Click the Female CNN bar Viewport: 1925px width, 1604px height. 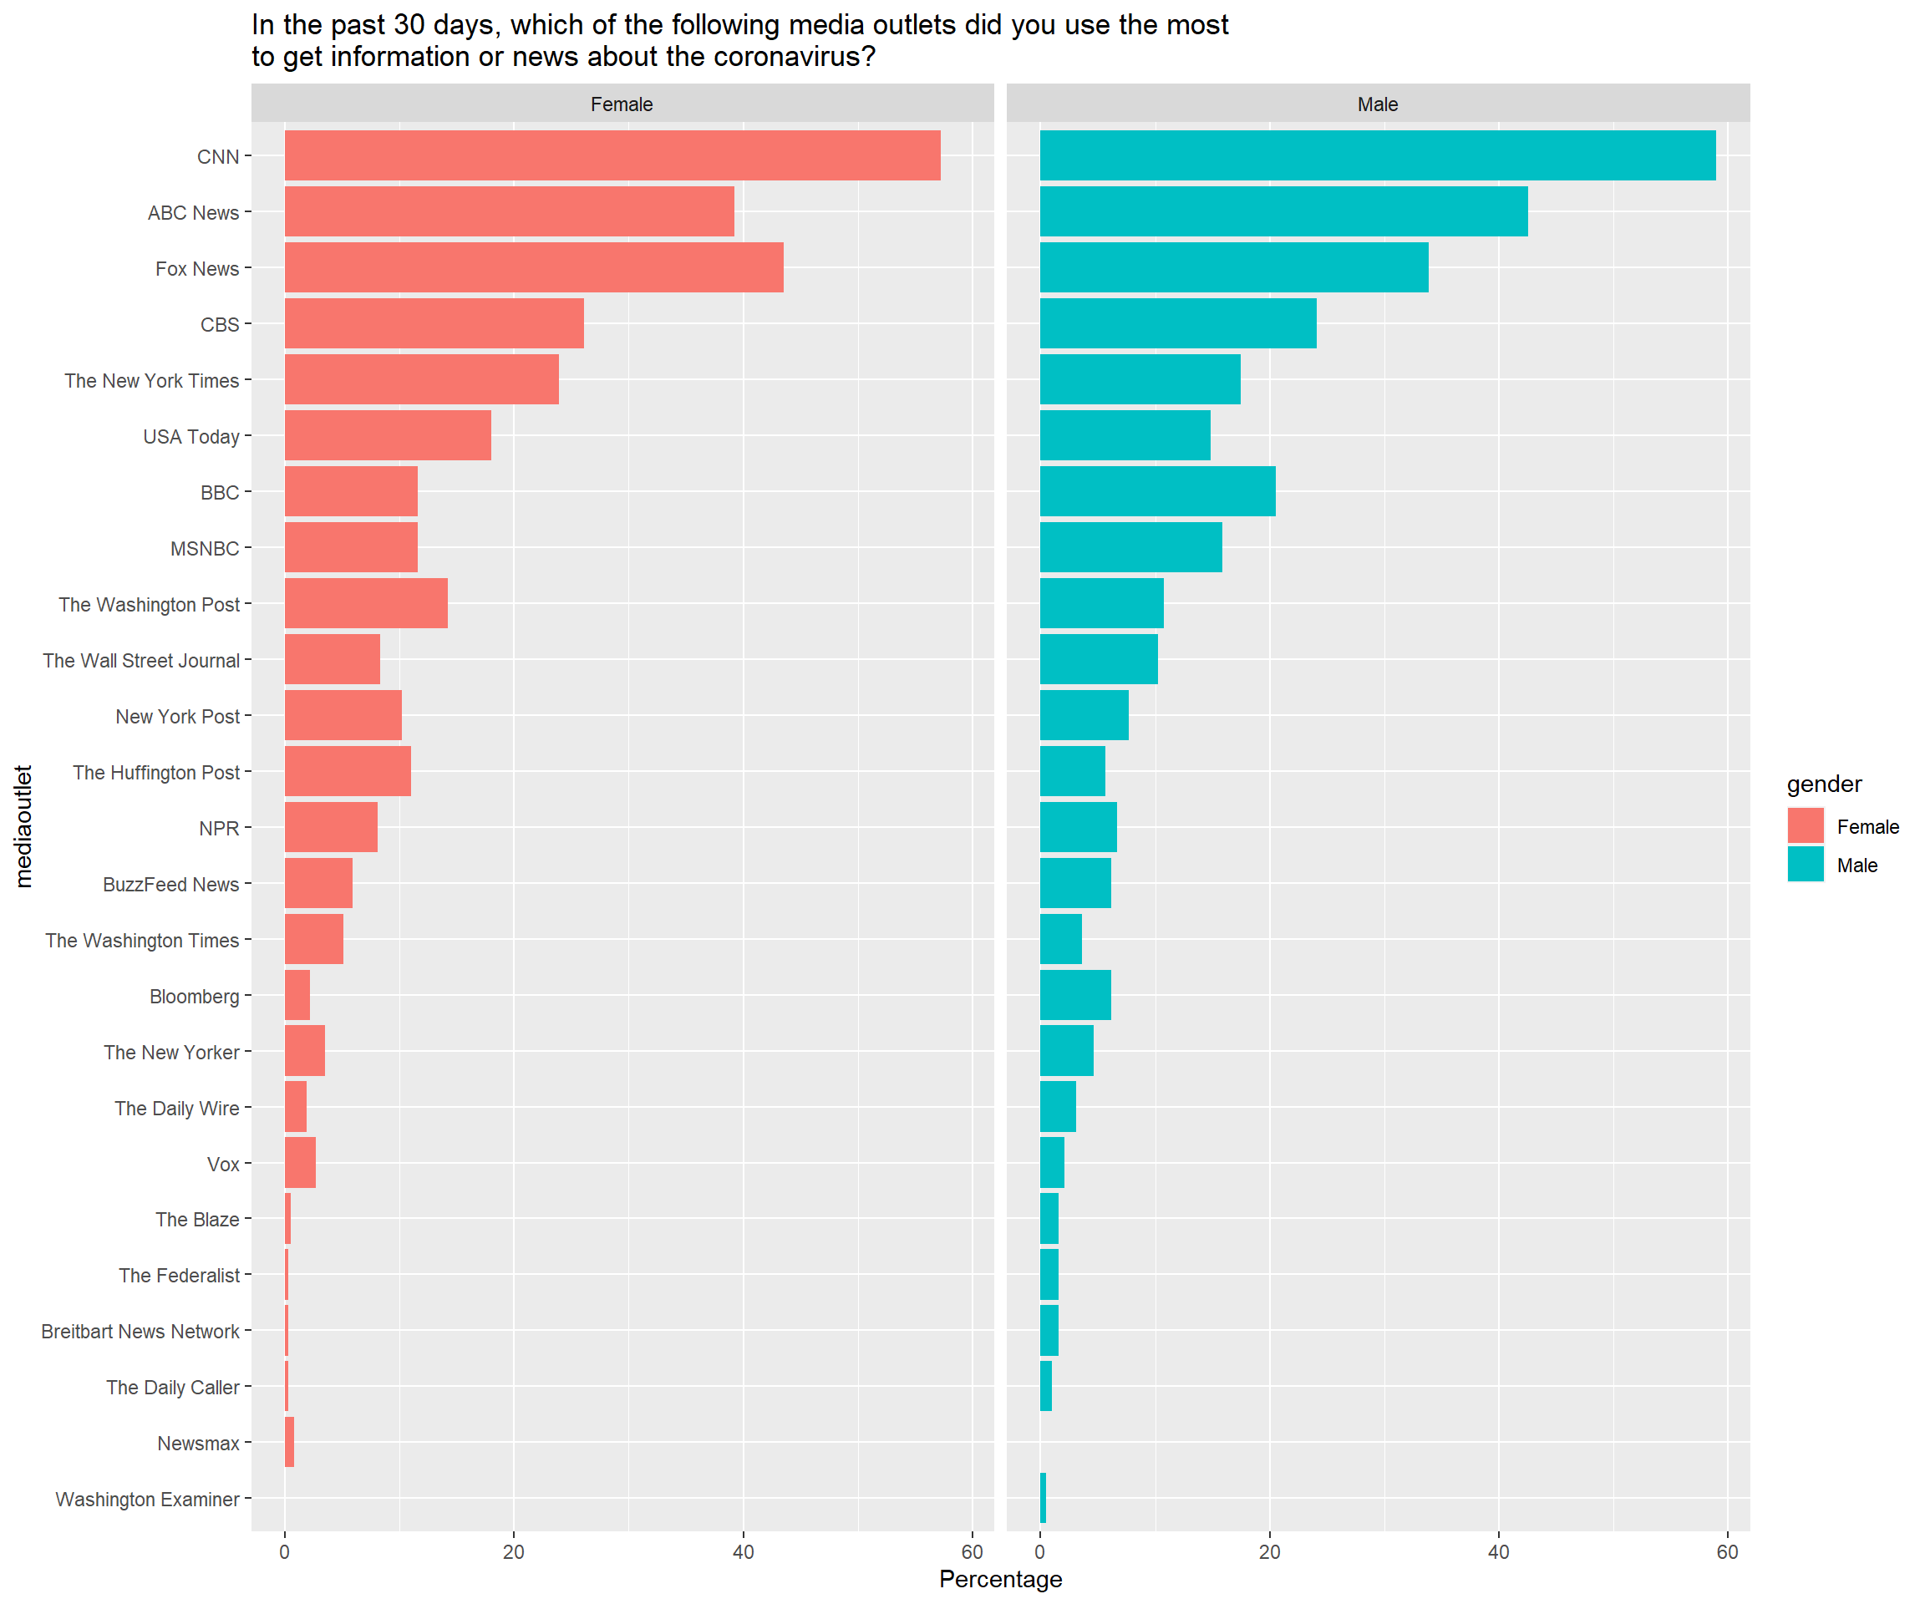[612, 156]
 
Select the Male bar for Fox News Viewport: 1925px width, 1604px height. [1234, 267]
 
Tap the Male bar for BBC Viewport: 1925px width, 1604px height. [1158, 491]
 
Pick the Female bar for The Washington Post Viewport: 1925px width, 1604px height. [366, 603]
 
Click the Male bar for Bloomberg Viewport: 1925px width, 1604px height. [1075, 995]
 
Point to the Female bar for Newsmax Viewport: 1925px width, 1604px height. [290, 1442]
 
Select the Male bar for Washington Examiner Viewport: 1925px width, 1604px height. [1044, 1498]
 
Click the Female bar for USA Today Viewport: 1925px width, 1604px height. [388, 435]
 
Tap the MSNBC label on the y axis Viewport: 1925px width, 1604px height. [205, 548]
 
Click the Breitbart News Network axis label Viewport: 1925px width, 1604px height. [140, 1331]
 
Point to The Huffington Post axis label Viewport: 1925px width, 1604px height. [156, 772]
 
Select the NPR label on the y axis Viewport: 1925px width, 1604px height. [219, 828]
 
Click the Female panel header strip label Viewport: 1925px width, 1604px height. [622, 104]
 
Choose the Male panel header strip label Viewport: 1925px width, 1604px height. [1378, 104]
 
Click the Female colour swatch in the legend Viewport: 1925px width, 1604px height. [1805, 826]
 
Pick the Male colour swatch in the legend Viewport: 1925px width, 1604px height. [1805, 865]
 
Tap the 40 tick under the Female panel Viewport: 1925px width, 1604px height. [744, 1551]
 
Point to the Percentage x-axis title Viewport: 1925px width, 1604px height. [1000, 1579]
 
